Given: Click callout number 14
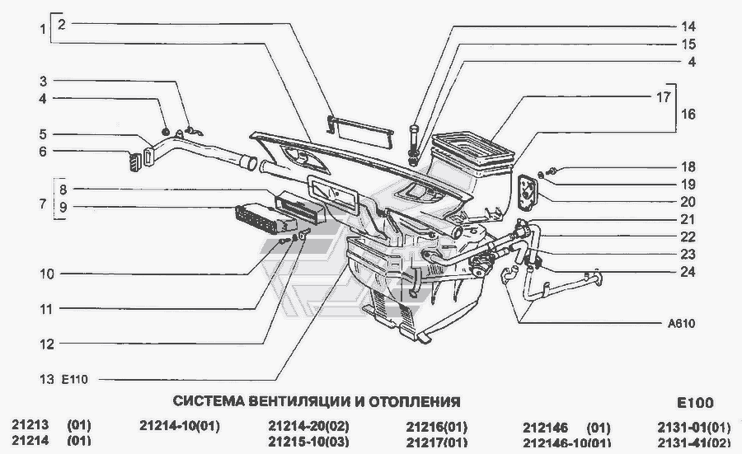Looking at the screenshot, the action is tap(688, 26).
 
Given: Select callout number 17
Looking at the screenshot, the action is tap(664, 97).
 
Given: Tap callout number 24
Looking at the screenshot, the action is tap(688, 272).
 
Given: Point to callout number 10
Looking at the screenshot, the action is tap(47, 274).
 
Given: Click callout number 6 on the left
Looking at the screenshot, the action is tap(43, 152).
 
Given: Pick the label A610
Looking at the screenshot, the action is tap(682, 324).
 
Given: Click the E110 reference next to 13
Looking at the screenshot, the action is tap(75, 379).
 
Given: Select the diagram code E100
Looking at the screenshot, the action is tap(695, 403).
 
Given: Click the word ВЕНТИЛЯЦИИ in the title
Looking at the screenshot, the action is tap(299, 401).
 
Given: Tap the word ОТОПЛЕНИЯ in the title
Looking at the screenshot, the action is tap(415, 401).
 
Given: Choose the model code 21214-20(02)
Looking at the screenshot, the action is tap(308, 427).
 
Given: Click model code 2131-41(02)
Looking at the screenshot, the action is tap(693, 442).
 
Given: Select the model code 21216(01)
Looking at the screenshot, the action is tap(436, 427).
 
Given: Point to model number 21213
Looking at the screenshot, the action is tap(31, 424).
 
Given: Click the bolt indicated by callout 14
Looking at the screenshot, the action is tap(413, 144).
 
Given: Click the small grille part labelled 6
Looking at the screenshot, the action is tap(135, 161).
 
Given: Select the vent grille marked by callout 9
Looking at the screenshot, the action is tap(260, 219).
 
